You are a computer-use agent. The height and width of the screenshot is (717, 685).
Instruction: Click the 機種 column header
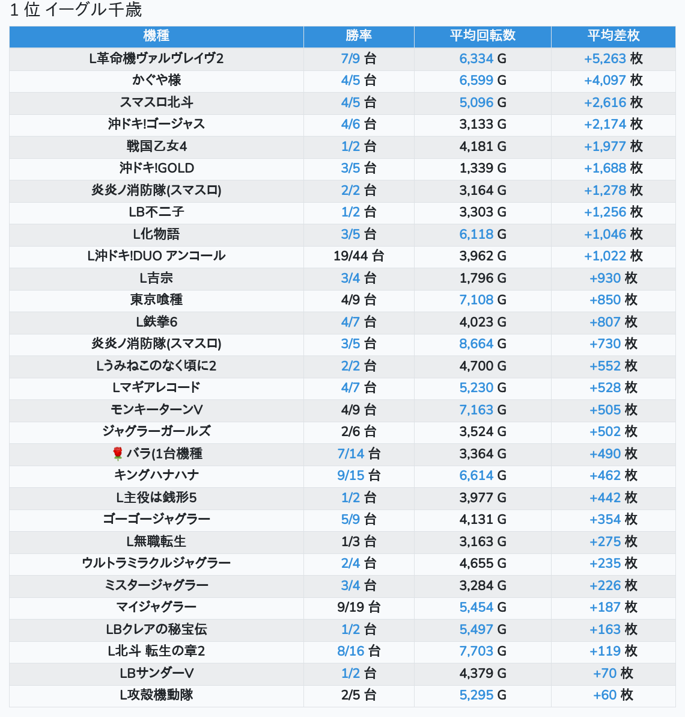[156, 36]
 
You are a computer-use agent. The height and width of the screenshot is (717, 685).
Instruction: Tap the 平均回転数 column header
[483, 36]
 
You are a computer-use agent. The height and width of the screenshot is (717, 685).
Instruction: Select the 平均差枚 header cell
[613, 36]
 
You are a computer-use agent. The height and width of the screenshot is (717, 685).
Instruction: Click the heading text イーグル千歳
[94, 10]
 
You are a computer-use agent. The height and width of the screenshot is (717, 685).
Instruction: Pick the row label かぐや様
[156, 80]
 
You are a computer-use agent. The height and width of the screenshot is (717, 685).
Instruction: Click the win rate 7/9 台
[359, 58]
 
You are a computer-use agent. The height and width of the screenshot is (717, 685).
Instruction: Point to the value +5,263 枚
[613, 58]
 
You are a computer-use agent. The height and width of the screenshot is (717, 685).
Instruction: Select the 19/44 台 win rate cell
[359, 256]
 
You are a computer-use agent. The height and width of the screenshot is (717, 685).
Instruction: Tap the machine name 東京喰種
[156, 300]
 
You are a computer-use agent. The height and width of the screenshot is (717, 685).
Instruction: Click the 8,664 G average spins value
[483, 343]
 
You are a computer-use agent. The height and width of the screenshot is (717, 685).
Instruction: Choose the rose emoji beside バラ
[118, 454]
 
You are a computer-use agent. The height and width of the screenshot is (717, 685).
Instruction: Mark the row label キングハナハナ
[156, 475]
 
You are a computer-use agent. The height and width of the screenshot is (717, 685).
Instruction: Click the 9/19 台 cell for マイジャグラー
[359, 607]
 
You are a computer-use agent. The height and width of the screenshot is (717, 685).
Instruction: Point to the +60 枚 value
[613, 695]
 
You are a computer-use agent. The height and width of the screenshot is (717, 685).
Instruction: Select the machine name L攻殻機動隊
[156, 695]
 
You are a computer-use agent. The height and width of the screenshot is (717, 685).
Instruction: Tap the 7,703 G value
[483, 651]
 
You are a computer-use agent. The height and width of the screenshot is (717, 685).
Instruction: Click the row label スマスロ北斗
[156, 102]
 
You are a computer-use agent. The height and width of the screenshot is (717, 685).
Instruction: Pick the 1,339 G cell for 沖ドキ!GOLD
[483, 168]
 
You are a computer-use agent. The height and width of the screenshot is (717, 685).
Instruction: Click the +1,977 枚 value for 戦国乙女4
[613, 146]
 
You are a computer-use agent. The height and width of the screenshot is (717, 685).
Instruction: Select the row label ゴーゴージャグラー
[156, 519]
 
